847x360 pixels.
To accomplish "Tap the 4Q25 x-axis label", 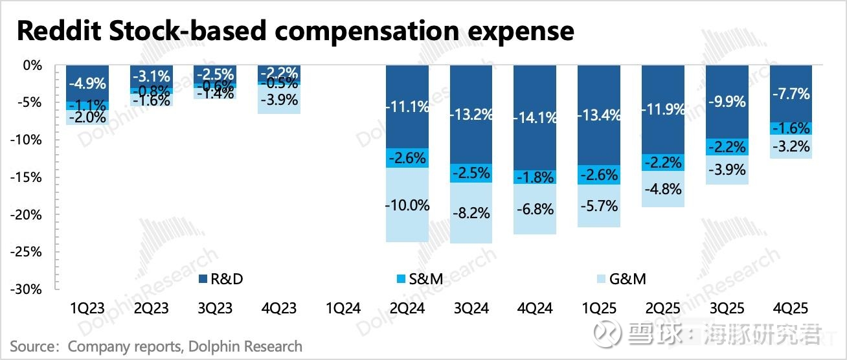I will tap(790, 308).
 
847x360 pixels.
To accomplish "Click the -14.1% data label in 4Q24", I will tap(534, 118).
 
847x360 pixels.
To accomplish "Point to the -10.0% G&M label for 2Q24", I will tap(407, 205).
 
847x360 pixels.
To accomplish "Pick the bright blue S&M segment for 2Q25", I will tap(662, 163).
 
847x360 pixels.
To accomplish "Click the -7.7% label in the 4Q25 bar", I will tap(790, 94).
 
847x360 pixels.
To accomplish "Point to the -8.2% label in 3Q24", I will tap(471, 212).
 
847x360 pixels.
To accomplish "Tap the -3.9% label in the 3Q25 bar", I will tap(727, 170).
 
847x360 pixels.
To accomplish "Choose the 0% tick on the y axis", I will tap(32, 65).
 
